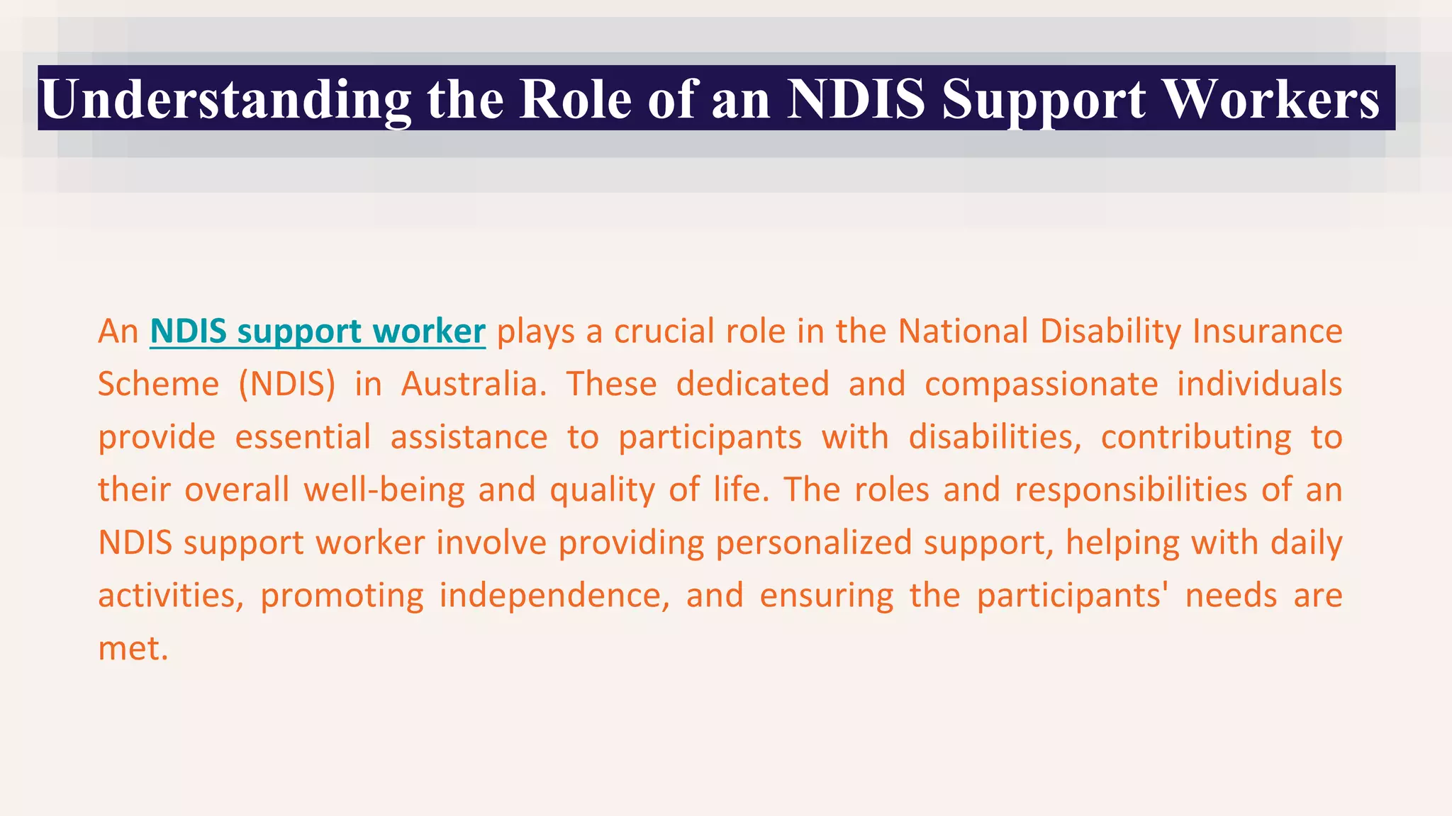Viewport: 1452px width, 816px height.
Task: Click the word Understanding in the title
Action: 225,99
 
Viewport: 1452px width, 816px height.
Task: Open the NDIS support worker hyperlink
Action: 318,331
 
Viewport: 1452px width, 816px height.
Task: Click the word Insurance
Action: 1267,331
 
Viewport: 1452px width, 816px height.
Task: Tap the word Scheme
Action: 158,385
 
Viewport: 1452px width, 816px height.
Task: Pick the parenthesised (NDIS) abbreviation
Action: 286,385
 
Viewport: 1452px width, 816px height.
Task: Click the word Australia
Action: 474,385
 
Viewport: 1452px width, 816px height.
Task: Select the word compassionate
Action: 1041,385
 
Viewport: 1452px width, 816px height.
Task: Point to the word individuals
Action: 1259,385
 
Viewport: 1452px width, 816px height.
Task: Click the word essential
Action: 303,437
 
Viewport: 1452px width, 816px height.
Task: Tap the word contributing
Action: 1196,437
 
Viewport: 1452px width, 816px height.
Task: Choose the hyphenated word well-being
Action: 384,490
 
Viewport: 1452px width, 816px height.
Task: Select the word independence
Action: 554,596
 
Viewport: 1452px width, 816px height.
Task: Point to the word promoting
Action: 342,596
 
